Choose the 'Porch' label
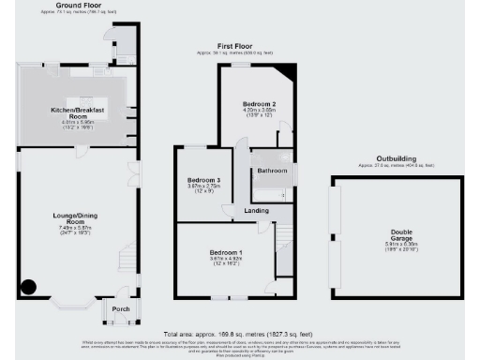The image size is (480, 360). [x=121, y=308]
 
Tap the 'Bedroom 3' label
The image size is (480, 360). [x=203, y=179]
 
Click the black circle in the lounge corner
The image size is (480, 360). [x=30, y=289]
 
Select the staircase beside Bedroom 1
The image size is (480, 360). [x=284, y=242]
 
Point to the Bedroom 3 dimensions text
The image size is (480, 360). [x=203, y=189]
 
